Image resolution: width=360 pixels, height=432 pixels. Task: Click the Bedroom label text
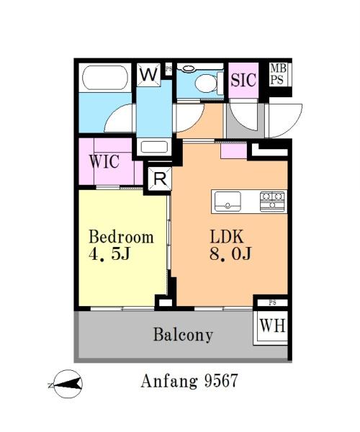point(121,237)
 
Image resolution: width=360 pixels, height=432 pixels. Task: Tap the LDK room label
point(227,237)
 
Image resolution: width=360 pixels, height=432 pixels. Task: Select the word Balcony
point(183,335)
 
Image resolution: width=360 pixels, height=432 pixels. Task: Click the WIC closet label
point(104,161)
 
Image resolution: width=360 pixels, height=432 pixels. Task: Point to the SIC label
point(243,80)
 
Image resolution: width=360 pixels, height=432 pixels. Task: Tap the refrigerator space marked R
point(160,179)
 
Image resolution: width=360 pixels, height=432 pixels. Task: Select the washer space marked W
point(149,74)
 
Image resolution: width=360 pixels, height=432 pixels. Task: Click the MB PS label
point(278,74)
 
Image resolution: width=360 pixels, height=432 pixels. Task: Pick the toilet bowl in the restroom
point(206,83)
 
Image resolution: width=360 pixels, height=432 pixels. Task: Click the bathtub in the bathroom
point(105,78)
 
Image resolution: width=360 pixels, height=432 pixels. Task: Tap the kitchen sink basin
point(228,202)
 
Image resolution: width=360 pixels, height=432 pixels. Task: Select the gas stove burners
point(272,202)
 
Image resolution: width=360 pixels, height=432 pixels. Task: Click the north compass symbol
point(66,384)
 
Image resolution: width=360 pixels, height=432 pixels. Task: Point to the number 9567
point(221,382)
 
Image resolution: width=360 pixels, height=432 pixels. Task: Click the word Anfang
point(169,382)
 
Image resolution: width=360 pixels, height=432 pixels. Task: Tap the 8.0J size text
point(230,253)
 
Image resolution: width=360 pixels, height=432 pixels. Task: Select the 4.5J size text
point(109,254)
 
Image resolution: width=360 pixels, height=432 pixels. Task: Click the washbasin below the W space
point(154,147)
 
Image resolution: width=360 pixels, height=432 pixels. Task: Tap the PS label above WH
point(272,303)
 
